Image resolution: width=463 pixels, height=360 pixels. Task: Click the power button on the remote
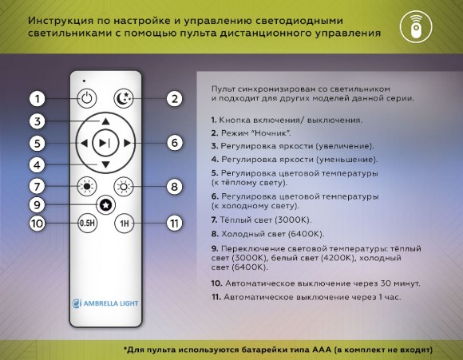tap(87, 99)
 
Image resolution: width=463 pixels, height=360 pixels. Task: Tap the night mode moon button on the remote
tap(124, 99)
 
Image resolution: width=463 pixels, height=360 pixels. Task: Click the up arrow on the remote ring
tap(105, 121)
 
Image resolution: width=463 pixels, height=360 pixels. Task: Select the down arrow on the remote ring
tap(105, 164)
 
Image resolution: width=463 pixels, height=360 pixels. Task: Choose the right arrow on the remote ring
tap(127, 144)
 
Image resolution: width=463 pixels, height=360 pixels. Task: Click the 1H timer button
tap(124, 224)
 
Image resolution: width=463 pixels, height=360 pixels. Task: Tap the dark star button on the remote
tap(105, 205)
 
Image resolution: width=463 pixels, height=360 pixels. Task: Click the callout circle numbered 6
tap(174, 144)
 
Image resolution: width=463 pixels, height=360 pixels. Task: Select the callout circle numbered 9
tap(37, 205)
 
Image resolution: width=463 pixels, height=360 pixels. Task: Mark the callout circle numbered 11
tap(174, 224)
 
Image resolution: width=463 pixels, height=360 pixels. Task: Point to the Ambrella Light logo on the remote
tap(105, 303)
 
